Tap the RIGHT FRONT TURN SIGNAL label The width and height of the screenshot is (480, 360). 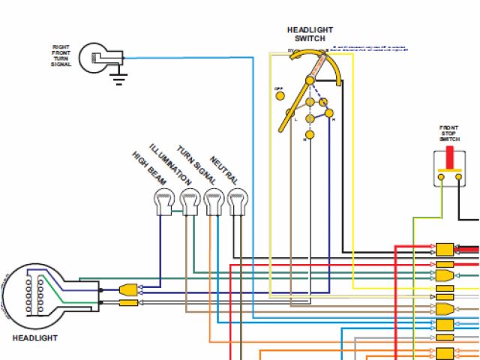click(61, 56)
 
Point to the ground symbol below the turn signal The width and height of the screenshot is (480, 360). click(118, 78)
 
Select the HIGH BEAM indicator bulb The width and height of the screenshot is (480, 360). click(164, 201)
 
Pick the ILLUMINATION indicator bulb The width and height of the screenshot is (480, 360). click(189, 201)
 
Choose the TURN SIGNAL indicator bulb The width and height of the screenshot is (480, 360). click(214, 201)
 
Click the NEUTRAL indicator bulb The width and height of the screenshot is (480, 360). click(238, 201)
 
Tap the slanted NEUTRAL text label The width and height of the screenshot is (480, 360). click(224, 170)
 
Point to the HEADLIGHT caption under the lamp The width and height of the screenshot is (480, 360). click(34, 338)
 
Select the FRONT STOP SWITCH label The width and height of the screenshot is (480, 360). click(449, 133)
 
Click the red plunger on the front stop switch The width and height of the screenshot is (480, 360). click(449, 158)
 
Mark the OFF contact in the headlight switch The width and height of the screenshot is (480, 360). click(280, 95)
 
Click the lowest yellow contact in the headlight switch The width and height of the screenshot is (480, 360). click(306, 135)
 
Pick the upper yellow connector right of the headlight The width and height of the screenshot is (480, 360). click(127, 289)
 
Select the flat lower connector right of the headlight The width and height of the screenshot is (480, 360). click(127, 303)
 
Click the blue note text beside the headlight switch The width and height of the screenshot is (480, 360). click(369, 49)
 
